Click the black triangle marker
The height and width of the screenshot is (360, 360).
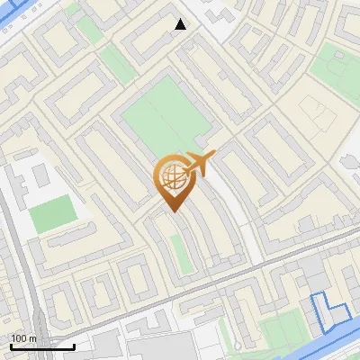pos(181,24)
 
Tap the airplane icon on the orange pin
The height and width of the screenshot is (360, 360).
pos(199,164)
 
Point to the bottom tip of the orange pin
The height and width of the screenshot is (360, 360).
pos(173,211)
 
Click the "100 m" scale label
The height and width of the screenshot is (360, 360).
pos(24,338)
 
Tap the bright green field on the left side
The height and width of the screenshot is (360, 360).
pos(53,214)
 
